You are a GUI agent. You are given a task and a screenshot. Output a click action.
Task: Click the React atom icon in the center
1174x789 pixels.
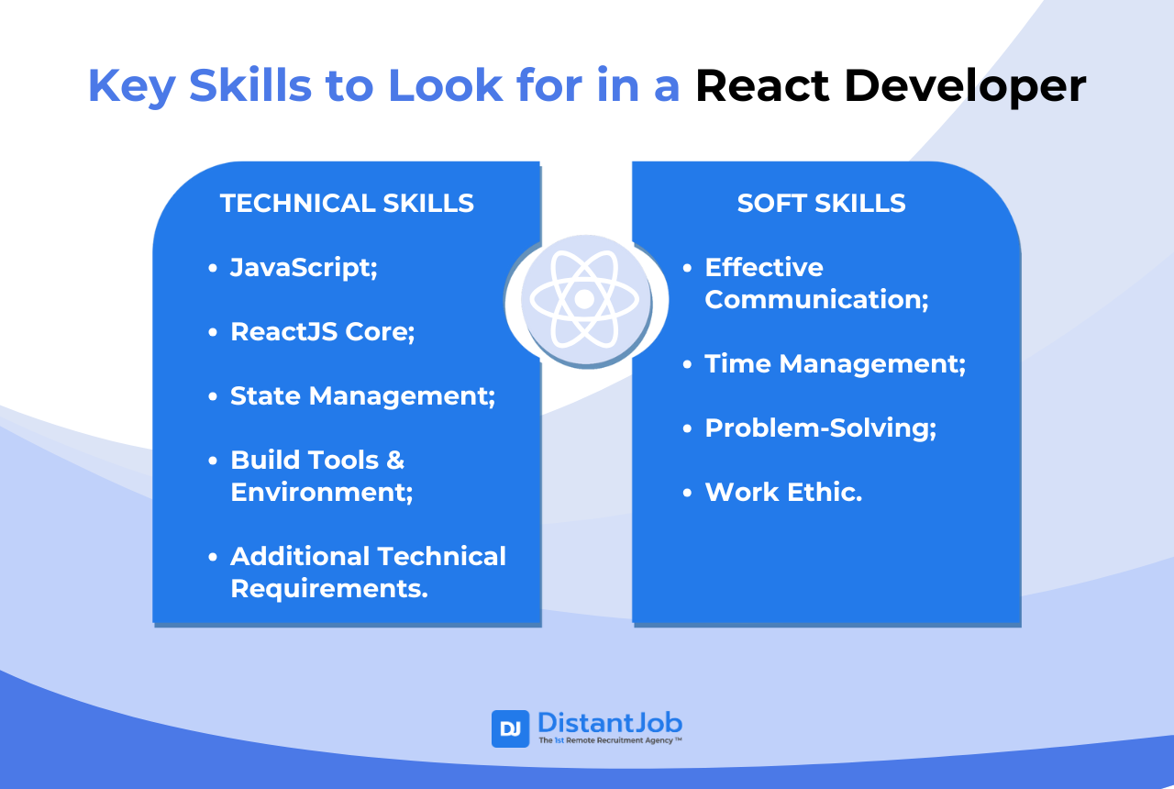584,299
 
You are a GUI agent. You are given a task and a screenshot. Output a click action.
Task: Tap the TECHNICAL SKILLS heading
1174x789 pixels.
347,203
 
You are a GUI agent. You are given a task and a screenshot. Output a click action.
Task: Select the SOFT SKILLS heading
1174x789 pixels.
821,203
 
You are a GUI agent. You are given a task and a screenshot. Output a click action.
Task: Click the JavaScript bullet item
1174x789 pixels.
304,267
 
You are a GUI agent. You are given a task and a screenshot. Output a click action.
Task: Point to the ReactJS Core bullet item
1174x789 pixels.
322,331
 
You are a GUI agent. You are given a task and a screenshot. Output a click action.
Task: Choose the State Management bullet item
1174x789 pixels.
362,395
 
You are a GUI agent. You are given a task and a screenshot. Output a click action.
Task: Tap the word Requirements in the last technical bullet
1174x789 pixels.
328,588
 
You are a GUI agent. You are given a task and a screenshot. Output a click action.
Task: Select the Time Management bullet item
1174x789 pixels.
835,363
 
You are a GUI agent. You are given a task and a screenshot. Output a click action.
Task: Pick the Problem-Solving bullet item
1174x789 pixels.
820,428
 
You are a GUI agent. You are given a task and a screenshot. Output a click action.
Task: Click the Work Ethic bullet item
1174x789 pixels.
783,492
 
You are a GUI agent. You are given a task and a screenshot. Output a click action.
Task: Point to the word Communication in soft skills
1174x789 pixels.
816,299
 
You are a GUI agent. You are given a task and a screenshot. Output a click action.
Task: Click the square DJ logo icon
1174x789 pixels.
510,728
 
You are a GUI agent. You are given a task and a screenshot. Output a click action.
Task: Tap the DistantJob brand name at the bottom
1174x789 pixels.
609,722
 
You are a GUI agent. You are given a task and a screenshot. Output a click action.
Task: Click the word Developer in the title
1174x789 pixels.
965,86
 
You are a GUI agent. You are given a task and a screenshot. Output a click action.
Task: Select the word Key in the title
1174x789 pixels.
131,86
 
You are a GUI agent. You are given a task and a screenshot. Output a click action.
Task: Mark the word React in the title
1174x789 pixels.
763,86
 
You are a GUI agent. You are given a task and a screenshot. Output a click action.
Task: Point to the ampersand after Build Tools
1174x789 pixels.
394,460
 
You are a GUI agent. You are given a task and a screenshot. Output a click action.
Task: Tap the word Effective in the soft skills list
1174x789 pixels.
764,267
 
